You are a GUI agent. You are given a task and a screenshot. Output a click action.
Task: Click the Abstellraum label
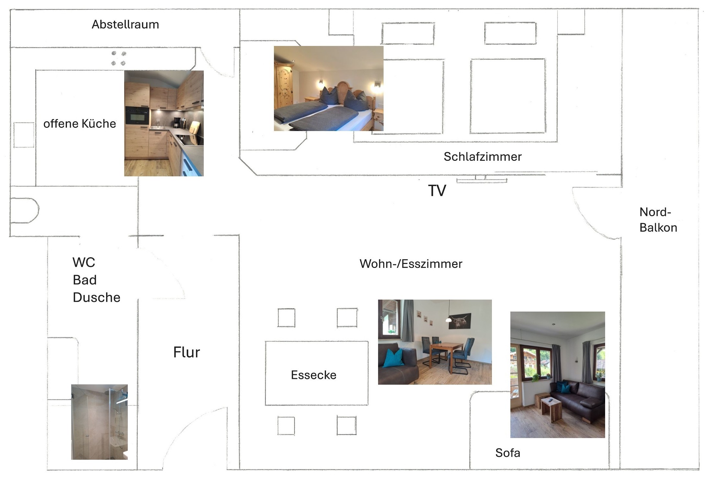pyautogui.click(x=125, y=25)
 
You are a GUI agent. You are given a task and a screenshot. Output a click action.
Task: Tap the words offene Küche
pyautogui.click(x=80, y=124)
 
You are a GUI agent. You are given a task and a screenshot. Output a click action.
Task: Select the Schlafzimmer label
pyautogui.click(x=482, y=157)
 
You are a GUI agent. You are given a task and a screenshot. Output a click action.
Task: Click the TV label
pyautogui.click(x=437, y=191)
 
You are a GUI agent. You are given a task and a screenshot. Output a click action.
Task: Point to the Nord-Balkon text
pyautogui.click(x=658, y=220)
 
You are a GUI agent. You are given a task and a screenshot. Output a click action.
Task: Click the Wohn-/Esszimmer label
pyautogui.click(x=411, y=264)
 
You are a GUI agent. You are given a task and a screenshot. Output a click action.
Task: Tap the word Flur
pyautogui.click(x=187, y=352)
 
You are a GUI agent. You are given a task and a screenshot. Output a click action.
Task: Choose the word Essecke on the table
pyautogui.click(x=313, y=375)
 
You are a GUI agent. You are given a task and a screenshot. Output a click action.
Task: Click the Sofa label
pyautogui.click(x=507, y=453)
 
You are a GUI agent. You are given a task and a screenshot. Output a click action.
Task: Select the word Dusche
pyautogui.click(x=96, y=298)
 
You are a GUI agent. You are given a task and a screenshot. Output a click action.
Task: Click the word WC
pyautogui.click(x=84, y=262)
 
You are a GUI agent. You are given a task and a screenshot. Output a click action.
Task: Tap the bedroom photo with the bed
pyautogui.click(x=329, y=88)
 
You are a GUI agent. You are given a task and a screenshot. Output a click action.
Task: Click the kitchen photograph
pyautogui.click(x=164, y=123)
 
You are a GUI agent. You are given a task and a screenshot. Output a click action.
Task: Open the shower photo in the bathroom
pyautogui.click(x=99, y=422)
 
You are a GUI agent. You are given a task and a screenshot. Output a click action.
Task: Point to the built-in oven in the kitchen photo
pyautogui.click(x=137, y=116)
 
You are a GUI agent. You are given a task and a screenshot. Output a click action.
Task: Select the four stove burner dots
pyautogui.click(x=118, y=58)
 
